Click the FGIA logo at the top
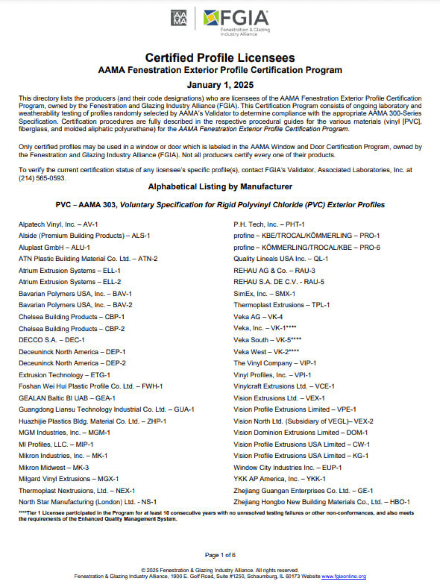pos(236,21)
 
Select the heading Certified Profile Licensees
pos(220,58)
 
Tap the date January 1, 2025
pos(220,85)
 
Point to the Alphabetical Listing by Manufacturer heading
pos(220,187)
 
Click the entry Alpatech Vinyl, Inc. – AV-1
pos(58,224)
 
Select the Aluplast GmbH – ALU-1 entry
pos(54,247)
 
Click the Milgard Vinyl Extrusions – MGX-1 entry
pos(69,479)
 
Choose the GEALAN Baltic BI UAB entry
pos(67,398)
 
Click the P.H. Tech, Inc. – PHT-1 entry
pos(269,224)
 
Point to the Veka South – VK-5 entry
pos(267,340)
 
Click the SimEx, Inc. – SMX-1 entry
pos(264,293)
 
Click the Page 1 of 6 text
pos(220,555)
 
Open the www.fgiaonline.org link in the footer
pos(344,576)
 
